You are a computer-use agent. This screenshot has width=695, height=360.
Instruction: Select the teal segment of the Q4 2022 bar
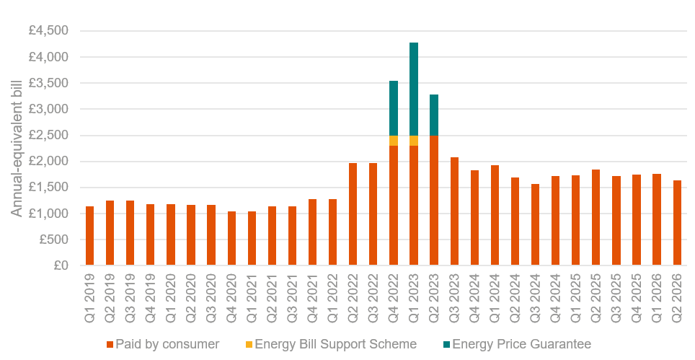pos(394,107)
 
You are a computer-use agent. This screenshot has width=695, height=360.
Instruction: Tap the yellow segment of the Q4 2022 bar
pos(394,140)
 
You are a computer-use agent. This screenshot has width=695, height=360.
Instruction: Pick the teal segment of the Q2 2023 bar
pos(434,115)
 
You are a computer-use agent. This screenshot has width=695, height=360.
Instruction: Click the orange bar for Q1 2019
pos(90,236)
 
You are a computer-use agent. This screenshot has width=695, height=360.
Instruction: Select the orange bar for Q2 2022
pos(353,214)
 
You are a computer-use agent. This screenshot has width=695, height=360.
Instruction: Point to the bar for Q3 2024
pos(536,224)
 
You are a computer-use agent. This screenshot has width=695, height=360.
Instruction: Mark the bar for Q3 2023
pos(454,211)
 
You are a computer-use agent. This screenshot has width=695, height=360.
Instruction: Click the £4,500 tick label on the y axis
pos(49,31)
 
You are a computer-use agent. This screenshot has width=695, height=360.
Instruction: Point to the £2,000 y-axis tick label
pos(49,162)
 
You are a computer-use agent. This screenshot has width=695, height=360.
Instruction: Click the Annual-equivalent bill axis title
pos(16,148)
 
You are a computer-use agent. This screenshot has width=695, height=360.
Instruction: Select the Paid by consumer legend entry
pos(162,344)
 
